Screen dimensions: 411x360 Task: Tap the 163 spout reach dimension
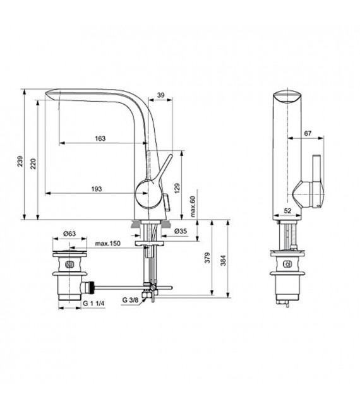(100, 138)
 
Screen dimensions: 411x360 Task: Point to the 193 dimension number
(97, 188)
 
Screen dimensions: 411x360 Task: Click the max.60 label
(193, 205)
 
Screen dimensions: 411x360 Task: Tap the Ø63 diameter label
(70, 234)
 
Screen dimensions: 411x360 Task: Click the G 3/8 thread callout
(133, 299)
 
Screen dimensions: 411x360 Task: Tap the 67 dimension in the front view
(307, 133)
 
